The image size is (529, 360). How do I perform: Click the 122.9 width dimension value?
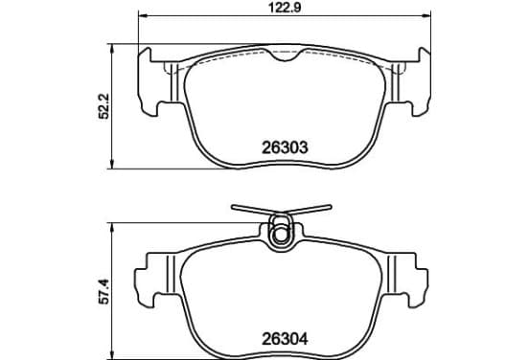(x=285, y=8)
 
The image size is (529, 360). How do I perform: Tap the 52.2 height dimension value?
(x=103, y=106)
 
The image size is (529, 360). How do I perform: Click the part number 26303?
(x=285, y=147)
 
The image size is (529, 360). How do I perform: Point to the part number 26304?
(x=285, y=339)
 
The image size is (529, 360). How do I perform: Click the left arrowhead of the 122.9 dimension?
(x=143, y=15)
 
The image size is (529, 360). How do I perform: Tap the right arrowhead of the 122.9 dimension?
(x=426, y=15)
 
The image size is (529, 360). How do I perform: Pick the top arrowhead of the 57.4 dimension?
(x=113, y=228)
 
